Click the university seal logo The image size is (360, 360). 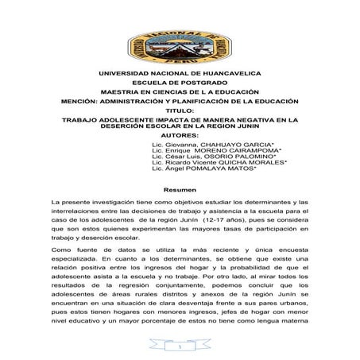(179, 37)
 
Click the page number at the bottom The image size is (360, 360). (180, 346)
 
